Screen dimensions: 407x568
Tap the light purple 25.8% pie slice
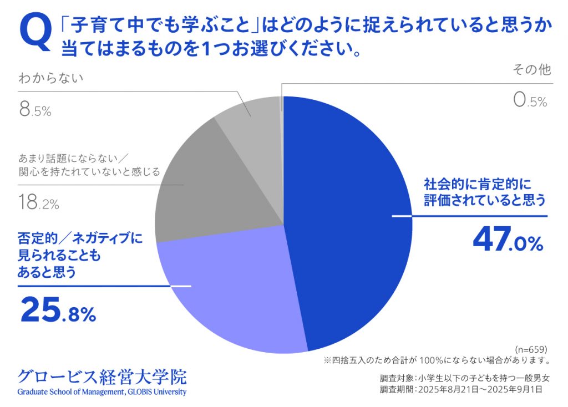tap(233, 294)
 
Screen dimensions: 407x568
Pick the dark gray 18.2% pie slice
tap(216, 183)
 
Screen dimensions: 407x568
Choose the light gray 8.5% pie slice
tap(252, 119)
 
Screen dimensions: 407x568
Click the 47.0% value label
tap(508, 242)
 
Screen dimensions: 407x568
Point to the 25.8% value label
tap(58, 311)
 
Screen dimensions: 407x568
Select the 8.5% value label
tap(35, 110)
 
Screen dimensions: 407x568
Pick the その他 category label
tap(532, 70)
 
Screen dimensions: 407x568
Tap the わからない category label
tap(51, 78)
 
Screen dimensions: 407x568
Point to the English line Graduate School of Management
tap(102, 392)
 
